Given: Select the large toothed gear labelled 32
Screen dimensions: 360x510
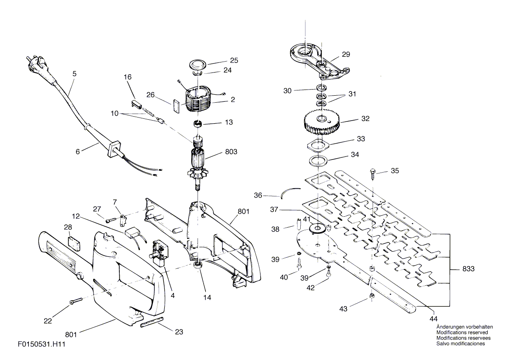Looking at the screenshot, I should click(321, 121).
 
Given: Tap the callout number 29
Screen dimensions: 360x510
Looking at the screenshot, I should click(346, 54).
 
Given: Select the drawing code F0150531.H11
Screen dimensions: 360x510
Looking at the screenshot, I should click(42, 344).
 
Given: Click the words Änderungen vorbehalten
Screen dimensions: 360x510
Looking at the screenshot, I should click(465, 327).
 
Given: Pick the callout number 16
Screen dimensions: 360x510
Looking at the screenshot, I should click(128, 77).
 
